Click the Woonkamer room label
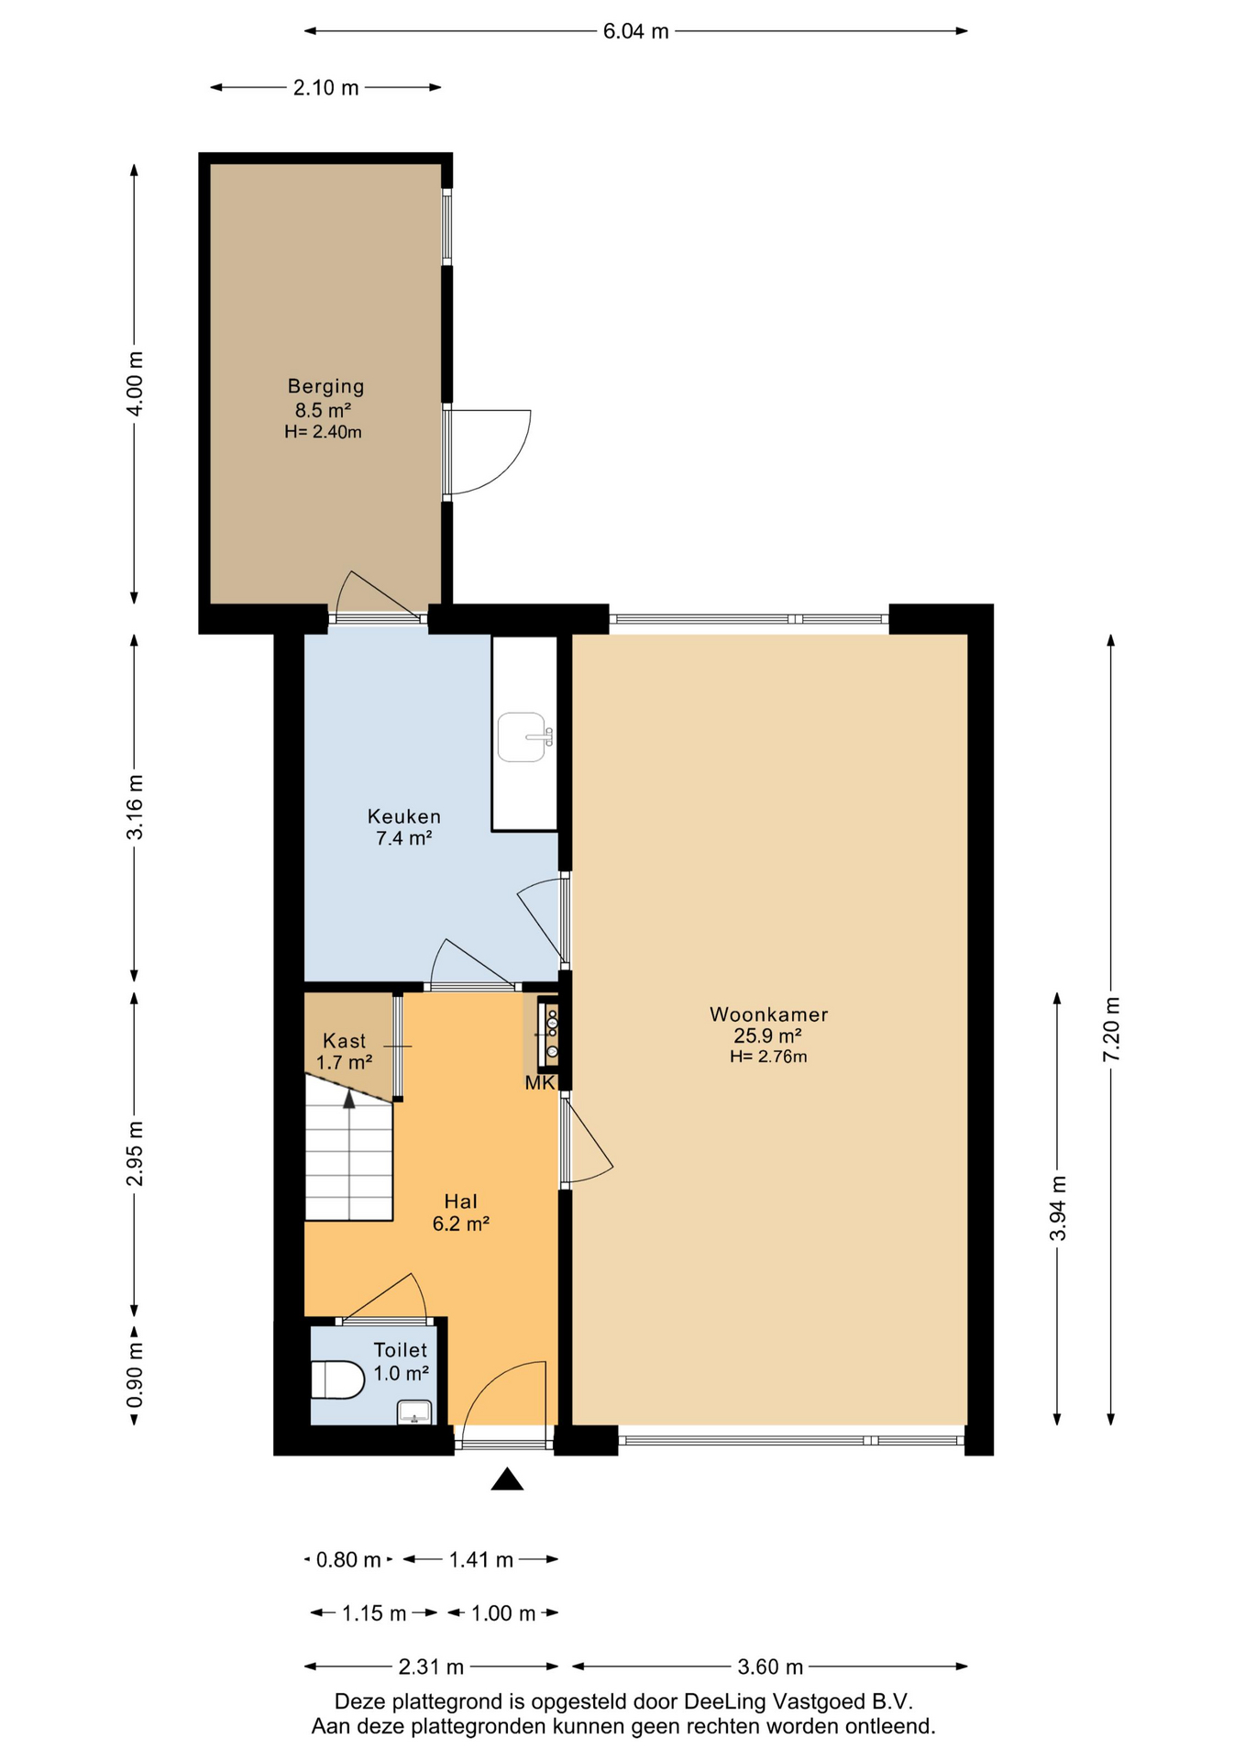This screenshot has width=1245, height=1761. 768,1014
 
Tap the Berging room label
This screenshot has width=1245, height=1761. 325,387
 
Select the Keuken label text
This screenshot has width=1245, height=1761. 404,816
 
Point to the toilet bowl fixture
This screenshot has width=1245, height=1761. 337,1379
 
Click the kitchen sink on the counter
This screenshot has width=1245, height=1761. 525,737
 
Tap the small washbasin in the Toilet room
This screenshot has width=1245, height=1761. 414,1412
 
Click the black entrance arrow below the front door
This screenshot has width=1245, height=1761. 507,1479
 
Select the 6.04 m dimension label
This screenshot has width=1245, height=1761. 635,31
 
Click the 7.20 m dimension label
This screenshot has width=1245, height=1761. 1111,1029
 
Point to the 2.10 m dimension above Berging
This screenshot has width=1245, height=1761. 325,88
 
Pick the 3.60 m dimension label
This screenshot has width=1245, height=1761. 770,1667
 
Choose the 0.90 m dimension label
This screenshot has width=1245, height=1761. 135,1376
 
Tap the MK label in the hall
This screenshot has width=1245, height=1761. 540,1083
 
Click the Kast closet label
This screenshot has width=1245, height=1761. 344,1041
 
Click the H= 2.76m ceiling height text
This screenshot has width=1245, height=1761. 768,1057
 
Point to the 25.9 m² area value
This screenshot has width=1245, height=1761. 768,1036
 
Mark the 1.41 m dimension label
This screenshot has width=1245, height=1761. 480,1559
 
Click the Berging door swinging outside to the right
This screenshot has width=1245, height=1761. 487,452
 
